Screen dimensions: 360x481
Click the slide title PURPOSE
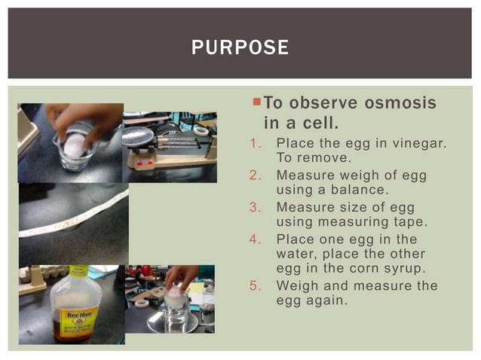coord(240,47)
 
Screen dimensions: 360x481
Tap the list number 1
coord(254,143)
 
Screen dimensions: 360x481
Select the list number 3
coord(254,207)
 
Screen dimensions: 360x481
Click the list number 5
coord(254,286)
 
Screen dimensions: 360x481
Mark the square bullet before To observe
coord(256,102)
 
